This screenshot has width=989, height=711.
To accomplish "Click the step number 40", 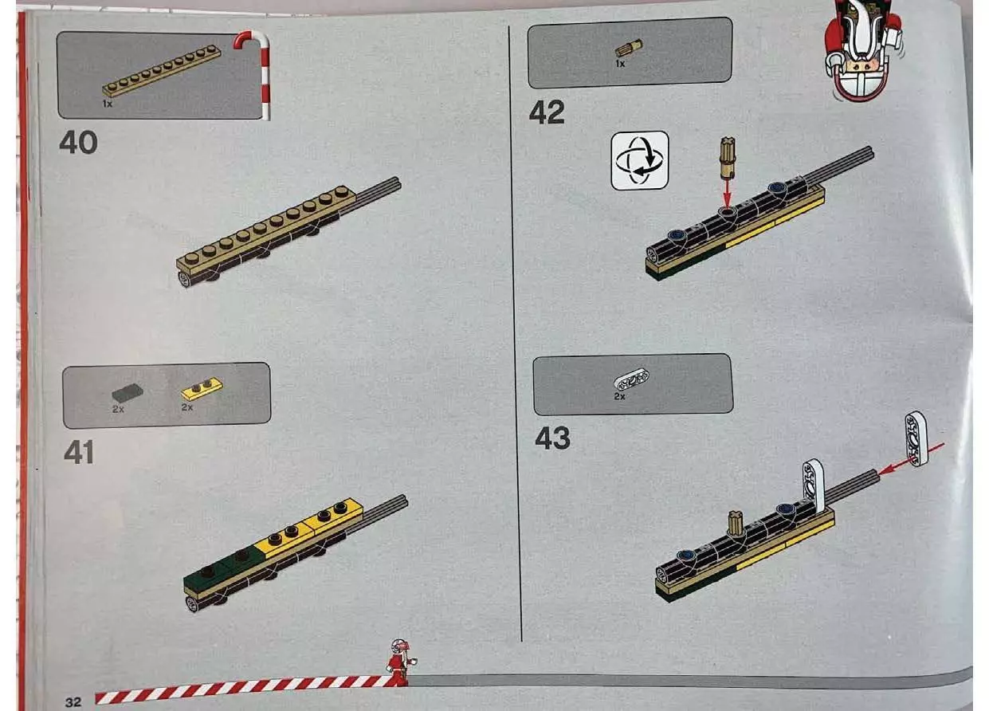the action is [78, 142].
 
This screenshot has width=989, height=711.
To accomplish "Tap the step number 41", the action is [80, 452].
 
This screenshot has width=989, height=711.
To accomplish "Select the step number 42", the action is [547, 112].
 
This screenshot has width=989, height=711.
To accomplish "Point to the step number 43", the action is [552, 438].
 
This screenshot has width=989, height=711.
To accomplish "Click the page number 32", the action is [73, 702].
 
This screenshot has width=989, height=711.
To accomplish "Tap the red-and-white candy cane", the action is [256, 73].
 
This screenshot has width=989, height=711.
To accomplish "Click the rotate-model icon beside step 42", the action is [640, 161].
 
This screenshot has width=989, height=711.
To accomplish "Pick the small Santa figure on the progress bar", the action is [399, 662].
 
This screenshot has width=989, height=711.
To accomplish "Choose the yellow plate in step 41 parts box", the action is [202, 389].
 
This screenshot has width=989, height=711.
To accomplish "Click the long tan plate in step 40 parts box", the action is [162, 71].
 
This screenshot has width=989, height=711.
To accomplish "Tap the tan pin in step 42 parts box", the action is [629, 48].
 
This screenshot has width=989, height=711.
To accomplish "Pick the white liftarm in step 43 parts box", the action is [632, 380].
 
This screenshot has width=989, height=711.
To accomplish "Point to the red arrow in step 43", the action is [910, 460].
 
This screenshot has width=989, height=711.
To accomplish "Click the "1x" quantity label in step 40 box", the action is [108, 104].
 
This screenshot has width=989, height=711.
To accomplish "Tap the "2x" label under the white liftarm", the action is [619, 397].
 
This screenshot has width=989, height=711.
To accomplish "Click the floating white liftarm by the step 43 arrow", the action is [916, 438].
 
